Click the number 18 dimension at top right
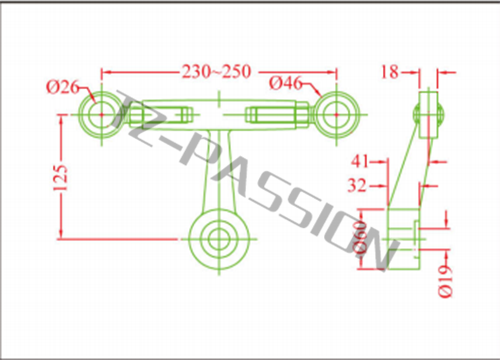(390, 71)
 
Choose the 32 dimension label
(361, 184)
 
